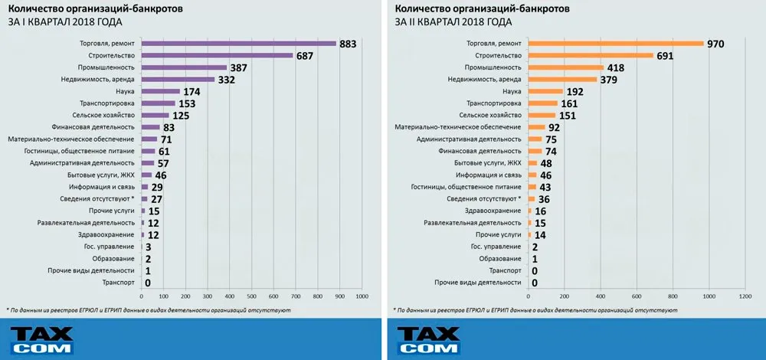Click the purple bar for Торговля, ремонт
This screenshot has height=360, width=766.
pyautogui.click(x=239, y=44)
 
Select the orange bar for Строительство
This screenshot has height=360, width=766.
pyautogui.click(x=591, y=56)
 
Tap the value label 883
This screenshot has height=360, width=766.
pyautogui.click(x=348, y=44)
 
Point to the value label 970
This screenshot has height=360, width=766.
pyautogui.click(x=715, y=44)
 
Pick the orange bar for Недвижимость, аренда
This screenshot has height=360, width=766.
pyautogui.click(x=562, y=79)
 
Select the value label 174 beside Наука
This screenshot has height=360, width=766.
pyautogui.click(x=191, y=91)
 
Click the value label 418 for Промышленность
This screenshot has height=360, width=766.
pyautogui.click(x=615, y=67)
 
